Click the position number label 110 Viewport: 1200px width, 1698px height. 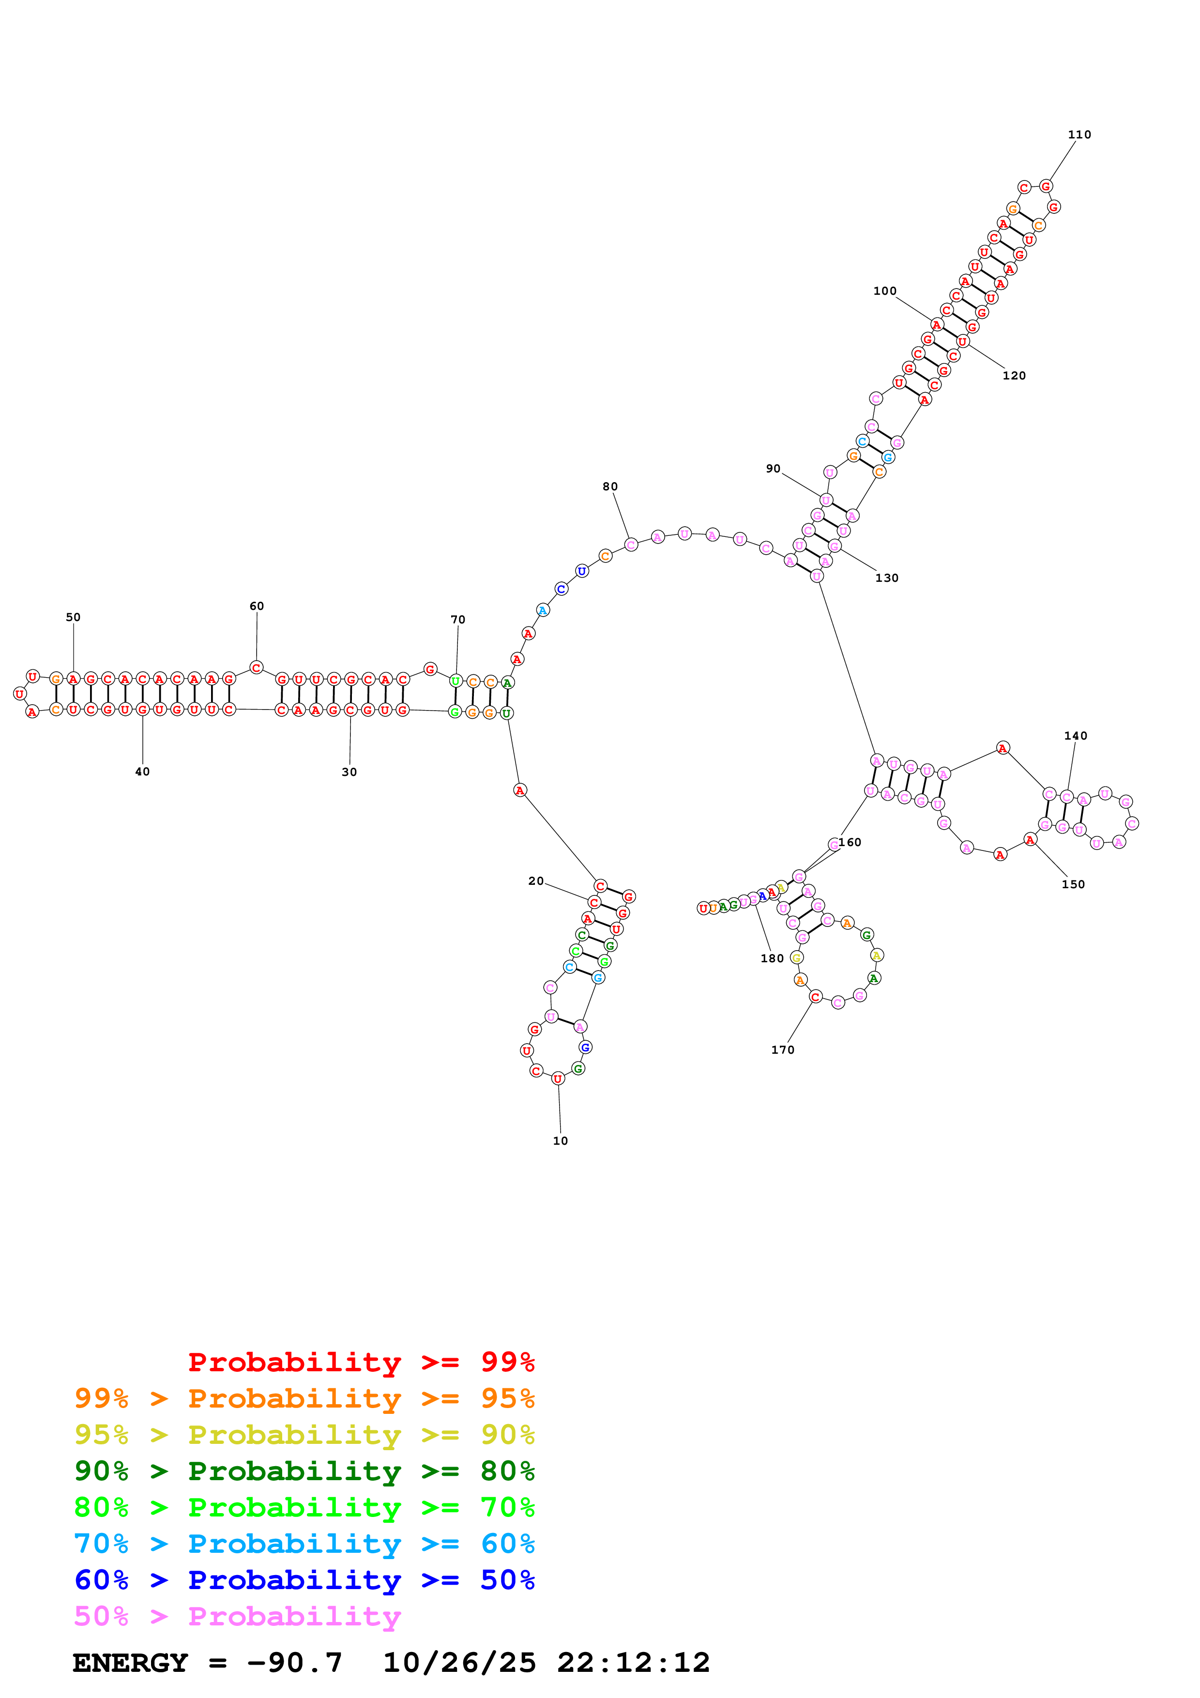click(1079, 135)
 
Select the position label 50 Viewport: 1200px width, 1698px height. click(73, 617)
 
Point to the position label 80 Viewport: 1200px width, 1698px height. click(610, 486)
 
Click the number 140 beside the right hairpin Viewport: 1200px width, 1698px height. click(1076, 736)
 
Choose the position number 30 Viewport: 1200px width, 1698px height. click(349, 772)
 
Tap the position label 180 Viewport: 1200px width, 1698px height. click(772, 958)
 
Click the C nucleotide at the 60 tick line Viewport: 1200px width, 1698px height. click(256, 668)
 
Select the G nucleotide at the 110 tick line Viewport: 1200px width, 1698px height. click(1046, 186)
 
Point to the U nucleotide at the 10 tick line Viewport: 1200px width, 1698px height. click(558, 1079)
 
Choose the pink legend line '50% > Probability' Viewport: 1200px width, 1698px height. click(237, 1617)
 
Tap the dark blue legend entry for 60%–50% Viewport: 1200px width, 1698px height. click(304, 1580)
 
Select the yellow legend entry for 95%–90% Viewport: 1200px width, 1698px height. click(304, 1435)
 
